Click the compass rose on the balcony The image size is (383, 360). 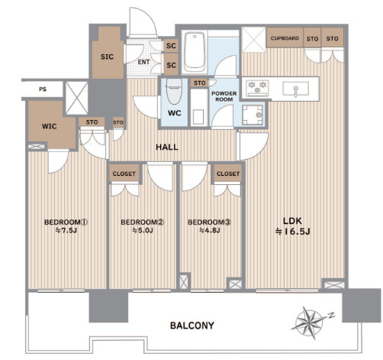click(310, 323)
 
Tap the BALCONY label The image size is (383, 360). click(192, 326)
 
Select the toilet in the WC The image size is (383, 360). click(174, 91)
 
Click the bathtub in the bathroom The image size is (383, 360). click(195, 52)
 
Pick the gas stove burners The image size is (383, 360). click(257, 88)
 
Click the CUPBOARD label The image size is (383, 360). click(285, 38)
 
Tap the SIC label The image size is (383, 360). click(107, 57)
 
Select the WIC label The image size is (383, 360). click(50, 126)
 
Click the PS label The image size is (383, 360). click(43, 89)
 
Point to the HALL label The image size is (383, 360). click(167, 147)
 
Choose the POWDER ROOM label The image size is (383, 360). click(224, 96)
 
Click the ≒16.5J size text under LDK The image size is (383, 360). click(293, 232)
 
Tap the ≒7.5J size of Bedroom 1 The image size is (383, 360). click(66, 231)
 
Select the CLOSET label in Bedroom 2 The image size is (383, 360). click(124, 174)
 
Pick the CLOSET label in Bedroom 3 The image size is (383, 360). click(228, 174)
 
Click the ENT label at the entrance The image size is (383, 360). click(144, 62)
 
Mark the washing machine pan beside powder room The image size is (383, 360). click(253, 115)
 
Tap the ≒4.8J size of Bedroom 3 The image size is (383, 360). click(209, 231)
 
